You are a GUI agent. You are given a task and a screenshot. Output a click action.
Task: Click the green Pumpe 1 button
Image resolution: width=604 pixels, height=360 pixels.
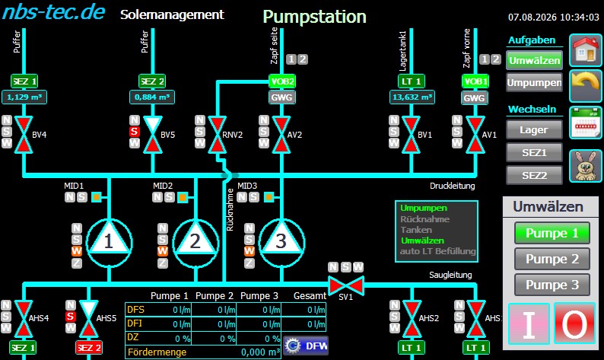point(552,233)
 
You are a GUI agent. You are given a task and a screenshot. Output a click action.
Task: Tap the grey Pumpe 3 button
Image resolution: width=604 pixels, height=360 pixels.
point(552,285)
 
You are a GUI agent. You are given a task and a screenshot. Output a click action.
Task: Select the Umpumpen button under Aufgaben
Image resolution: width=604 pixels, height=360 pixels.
point(534,82)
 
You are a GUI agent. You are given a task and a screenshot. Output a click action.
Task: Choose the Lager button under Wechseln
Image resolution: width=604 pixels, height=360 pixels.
point(534,130)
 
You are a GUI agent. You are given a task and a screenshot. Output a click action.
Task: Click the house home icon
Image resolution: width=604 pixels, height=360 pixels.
point(586,50)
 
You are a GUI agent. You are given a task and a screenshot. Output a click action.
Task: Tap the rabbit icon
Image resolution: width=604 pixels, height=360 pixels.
point(586,166)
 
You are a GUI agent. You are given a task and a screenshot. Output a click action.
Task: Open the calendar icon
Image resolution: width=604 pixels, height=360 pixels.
point(586,123)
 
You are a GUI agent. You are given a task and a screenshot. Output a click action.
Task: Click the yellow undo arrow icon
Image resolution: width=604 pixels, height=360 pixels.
point(586,85)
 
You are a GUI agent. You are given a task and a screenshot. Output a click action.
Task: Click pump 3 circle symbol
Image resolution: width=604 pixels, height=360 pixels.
point(281,243)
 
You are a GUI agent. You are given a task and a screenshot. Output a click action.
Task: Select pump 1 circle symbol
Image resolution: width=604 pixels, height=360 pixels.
point(109,243)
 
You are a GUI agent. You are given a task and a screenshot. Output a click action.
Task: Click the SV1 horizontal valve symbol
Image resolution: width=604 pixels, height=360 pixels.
point(345,285)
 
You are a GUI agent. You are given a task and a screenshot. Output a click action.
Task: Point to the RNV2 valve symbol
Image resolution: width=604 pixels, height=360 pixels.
point(218,135)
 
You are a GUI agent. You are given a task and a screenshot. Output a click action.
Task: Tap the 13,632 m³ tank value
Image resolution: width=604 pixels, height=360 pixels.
point(412,97)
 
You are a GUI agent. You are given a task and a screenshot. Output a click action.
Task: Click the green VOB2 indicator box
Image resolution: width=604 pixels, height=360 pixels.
point(282,81)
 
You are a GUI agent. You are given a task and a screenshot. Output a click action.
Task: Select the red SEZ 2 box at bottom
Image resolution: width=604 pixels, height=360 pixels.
point(88,348)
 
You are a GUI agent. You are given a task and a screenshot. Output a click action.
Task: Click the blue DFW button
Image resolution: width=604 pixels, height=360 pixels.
point(306,346)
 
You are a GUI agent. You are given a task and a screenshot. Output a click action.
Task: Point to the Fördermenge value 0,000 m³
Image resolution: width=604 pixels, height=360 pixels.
point(260,352)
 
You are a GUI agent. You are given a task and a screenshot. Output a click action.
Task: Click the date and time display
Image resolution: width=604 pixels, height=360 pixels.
point(554,18)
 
